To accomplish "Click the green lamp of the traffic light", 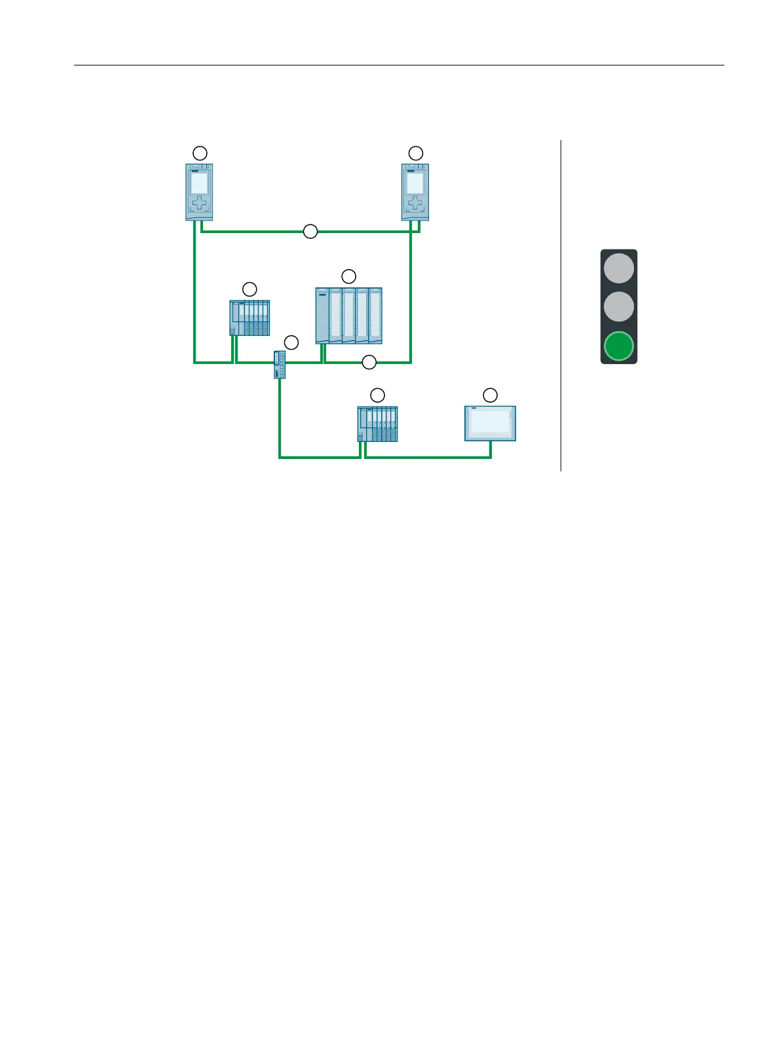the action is pos(619,346).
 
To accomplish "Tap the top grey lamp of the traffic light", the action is pos(619,268).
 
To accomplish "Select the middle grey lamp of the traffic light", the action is pos(619,306).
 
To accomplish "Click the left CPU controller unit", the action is pos(199,192).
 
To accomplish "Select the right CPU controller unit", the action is pos(415,192).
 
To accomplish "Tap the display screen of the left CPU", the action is pos(199,183).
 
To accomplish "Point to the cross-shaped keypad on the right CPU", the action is pos(415,204).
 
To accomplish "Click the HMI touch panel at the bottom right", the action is pos(490,424).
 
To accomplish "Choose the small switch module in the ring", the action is pos(280,365).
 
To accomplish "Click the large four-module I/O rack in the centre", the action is pos(348,316).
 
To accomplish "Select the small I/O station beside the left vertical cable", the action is pos(250,318).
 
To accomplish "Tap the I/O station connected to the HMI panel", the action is pos(377,424).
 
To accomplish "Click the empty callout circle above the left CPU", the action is pos(200,153).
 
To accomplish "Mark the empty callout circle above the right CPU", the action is pos(416,153).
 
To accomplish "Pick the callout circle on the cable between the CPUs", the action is pos(310,231).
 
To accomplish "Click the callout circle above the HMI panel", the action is pos(490,395).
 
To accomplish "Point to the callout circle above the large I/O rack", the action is pos(349,276).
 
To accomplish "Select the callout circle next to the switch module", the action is pos(291,342).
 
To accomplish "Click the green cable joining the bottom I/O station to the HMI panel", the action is pos(426,457).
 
